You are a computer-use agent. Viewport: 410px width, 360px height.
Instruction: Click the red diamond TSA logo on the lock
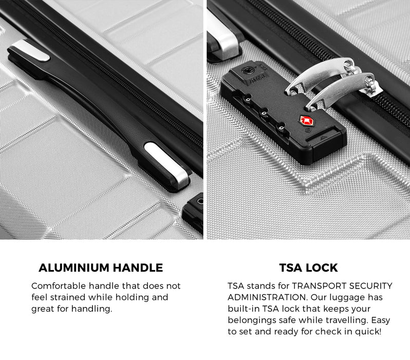[306, 121]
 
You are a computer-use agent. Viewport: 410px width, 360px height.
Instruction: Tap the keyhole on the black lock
[247, 70]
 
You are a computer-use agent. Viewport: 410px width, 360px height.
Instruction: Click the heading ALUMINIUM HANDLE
[101, 268]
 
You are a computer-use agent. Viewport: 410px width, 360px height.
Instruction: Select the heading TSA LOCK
[309, 268]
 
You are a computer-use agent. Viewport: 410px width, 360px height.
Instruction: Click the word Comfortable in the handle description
[59, 285]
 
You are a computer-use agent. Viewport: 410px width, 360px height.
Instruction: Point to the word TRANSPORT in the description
[319, 285]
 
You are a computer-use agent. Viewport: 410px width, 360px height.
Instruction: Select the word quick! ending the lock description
[368, 332]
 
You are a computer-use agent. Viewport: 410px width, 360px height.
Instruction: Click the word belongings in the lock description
[252, 320]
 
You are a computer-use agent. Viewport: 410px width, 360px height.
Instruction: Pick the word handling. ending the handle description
[92, 309]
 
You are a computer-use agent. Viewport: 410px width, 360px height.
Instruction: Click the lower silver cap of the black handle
[167, 165]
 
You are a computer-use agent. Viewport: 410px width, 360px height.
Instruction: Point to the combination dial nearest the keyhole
[247, 99]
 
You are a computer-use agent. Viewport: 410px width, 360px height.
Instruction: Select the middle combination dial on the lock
[264, 114]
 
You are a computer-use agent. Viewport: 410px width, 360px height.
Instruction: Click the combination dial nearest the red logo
[282, 128]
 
